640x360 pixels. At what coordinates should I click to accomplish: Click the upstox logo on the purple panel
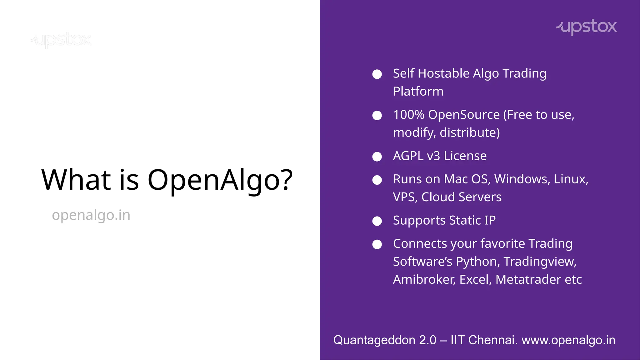pos(587,27)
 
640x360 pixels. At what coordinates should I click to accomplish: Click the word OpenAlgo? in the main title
pos(220,180)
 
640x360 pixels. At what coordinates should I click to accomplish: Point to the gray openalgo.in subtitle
pos(91,215)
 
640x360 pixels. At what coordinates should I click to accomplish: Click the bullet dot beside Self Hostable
pos(377,74)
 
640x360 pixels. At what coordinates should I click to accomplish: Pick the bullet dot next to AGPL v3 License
pos(377,157)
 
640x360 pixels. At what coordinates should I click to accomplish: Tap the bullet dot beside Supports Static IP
pos(377,221)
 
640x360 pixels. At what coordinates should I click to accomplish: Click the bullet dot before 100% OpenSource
pos(377,116)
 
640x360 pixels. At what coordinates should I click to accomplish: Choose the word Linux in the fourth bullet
pos(571,179)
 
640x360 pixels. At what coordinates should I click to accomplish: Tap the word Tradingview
pos(540,262)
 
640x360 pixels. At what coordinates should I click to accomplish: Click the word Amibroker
pos(424,280)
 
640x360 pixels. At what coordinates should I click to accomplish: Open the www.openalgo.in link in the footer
pos(568,340)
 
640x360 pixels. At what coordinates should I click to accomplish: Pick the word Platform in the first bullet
pos(418,92)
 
